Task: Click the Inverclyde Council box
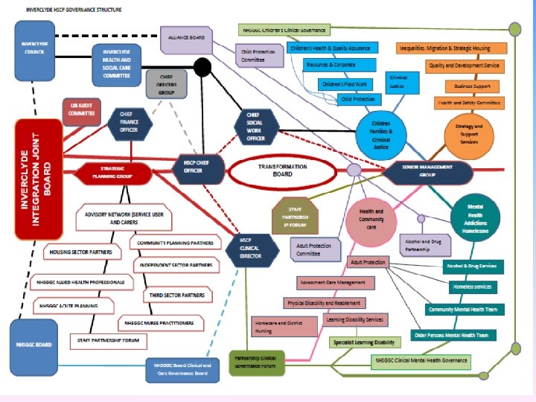click(x=35, y=51)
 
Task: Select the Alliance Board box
click(x=186, y=39)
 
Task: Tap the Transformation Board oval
click(x=275, y=171)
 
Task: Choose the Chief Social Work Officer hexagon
click(x=255, y=127)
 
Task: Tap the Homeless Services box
click(x=472, y=287)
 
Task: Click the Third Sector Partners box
click(x=177, y=296)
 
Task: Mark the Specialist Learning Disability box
click(x=363, y=342)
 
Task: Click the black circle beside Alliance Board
click(x=202, y=68)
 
